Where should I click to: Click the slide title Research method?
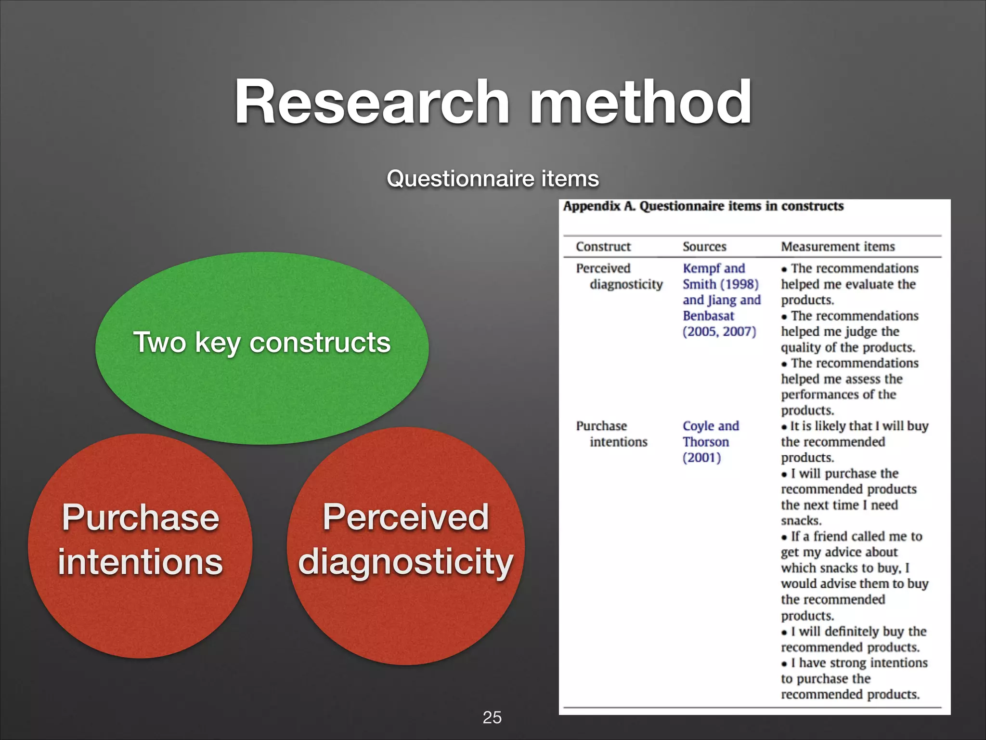pyautogui.click(x=493, y=102)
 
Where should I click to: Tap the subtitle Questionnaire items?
pyautogui.click(x=493, y=179)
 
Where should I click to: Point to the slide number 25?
pyautogui.click(x=492, y=717)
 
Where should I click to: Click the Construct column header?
pyautogui.click(x=603, y=247)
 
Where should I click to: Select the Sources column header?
pyautogui.click(x=704, y=247)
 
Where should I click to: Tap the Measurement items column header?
pyautogui.click(x=838, y=247)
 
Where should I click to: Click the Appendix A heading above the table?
pyautogui.click(x=703, y=206)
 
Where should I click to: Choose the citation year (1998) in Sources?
pyautogui.click(x=739, y=284)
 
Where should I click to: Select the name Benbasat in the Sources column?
pyautogui.click(x=708, y=316)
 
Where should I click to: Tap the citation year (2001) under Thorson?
pyautogui.click(x=701, y=458)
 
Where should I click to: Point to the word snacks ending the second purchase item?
pyautogui.click(x=801, y=521)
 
